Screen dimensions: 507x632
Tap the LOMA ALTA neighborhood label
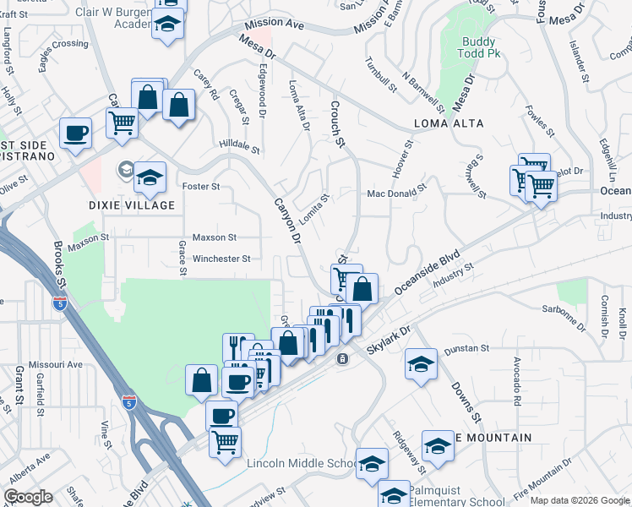pyautogui.click(x=449, y=123)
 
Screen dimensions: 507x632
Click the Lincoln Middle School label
pyautogui.click(x=301, y=464)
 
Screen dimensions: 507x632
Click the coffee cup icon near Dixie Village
pyautogui.click(x=75, y=133)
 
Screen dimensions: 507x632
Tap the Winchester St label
pyautogui.click(x=221, y=259)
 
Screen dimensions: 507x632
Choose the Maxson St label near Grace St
pyautogui.click(x=214, y=238)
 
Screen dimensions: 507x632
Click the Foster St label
pyautogui.click(x=201, y=186)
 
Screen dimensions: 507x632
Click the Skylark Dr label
pyautogui.click(x=389, y=341)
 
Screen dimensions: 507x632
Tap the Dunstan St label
pyautogui.click(x=473, y=348)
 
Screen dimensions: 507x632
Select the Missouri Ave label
pyautogui.click(x=56, y=364)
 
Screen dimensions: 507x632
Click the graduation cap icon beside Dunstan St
pyautogui.click(x=421, y=364)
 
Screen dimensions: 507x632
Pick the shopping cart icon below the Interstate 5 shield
pyautogui.click(x=225, y=441)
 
